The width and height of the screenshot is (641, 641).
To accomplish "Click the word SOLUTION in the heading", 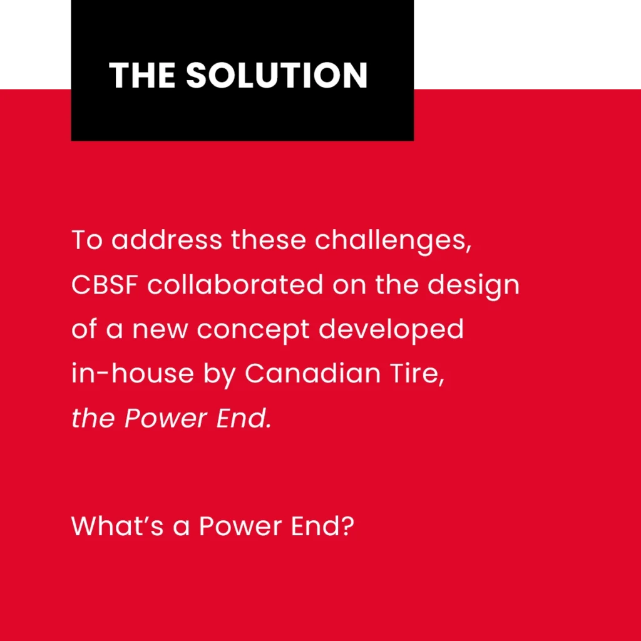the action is click(277, 75).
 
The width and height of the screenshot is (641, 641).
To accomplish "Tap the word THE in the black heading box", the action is click(142, 75).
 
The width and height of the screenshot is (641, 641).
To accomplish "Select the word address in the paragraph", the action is click(167, 240).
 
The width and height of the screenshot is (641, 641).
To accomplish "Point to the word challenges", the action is click(393, 241).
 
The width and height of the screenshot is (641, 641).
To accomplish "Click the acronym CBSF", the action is click(105, 285).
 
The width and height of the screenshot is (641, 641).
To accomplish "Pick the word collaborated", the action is click(235, 284).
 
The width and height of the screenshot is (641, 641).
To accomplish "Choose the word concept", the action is click(253, 331).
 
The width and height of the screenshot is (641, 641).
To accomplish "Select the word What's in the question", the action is click(117, 525).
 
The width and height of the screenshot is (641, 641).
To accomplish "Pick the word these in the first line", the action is click(269, 240).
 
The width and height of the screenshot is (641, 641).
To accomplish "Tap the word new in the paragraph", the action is click(160, 331).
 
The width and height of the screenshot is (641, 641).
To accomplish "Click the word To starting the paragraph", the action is click(86, 240).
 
